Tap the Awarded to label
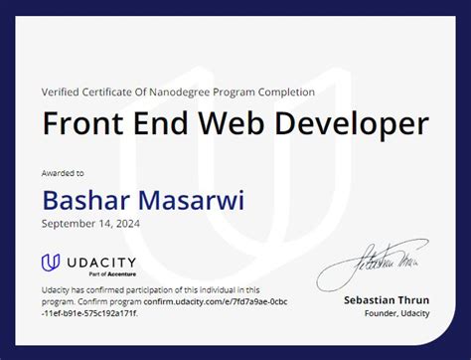tap(63, 172)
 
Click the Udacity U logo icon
tap(51, 264)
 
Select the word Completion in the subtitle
tap(282, 91)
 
